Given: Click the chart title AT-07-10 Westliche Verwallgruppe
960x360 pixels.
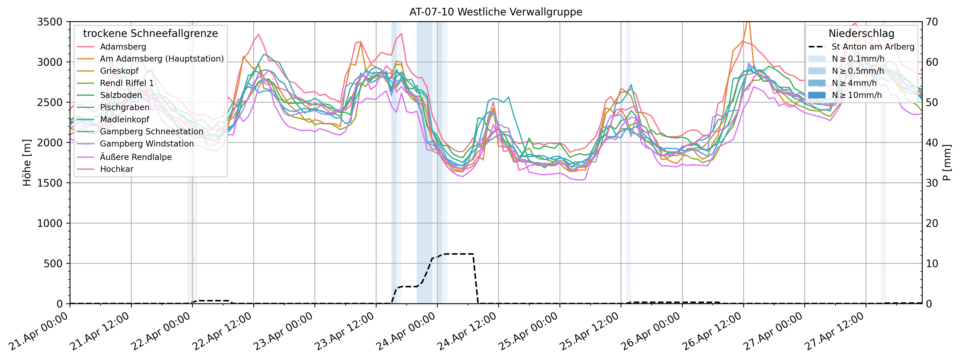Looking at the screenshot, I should coord(496,12).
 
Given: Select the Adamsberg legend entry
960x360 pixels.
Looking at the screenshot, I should coord(123,47).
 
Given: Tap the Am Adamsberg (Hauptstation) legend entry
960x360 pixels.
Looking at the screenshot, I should coord(162,59).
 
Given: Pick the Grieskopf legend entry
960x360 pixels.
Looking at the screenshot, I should coord(119,71).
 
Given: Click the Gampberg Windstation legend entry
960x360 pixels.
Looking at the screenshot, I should coord(147,144).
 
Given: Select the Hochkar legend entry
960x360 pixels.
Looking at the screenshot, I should coord(117,169).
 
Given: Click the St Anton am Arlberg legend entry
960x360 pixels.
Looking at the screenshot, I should coord(873,47).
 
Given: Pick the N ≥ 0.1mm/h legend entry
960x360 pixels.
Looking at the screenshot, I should coord(858,59).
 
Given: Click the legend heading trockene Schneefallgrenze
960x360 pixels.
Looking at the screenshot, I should coord(150,33).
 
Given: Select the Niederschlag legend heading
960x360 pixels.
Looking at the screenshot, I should coord(861,33).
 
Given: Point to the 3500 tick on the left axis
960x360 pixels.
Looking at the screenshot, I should coord(50,22).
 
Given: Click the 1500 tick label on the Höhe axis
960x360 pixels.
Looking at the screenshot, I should coord(50,183).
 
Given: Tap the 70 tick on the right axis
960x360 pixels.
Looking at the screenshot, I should coord(932,22).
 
